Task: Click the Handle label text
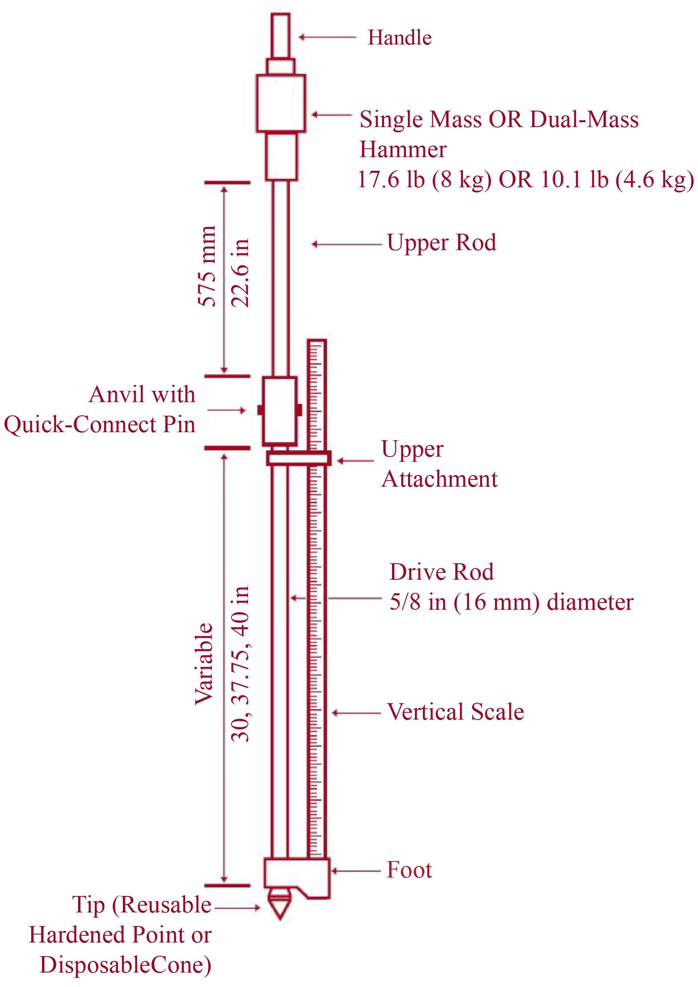[x=399, y=38]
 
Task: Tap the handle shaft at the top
[x=280, y=35]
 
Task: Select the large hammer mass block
[x=281, y=103]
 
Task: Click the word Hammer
[x=403, y=150]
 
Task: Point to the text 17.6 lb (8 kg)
[x=424, y=180]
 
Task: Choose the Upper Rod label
[x=441, y=243]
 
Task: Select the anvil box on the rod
[x=280, y=411]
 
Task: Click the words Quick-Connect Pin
[x=99, y=425]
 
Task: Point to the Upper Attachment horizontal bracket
[x=298, y=458]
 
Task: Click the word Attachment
[x=439, y=479]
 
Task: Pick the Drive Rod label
[x=441, y=572]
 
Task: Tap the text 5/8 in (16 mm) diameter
[x=511, y=602]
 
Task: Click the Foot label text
[x=409, y=870]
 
